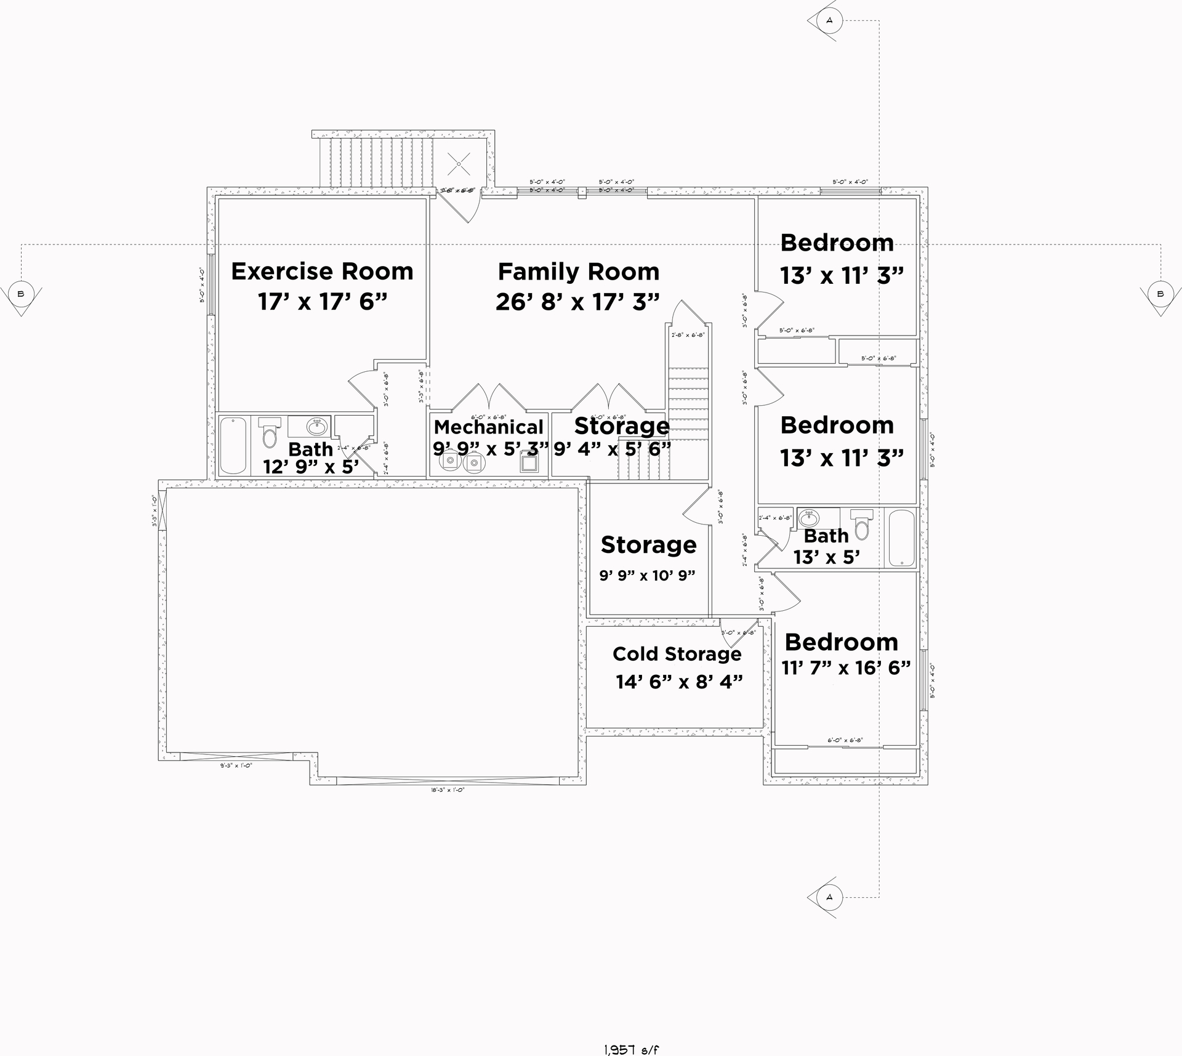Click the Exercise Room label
coord(322,272)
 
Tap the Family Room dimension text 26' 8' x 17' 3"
coord(577,302)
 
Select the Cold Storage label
coord(677,654)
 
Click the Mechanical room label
coord(488,427)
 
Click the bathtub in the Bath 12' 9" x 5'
coord(233,446)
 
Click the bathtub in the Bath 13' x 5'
coord(901,538)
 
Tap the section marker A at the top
coord(829,20)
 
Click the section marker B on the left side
coord(21,294)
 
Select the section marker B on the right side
coord(1160,294)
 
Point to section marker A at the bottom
coord(829,897)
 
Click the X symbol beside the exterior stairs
coord(458,163)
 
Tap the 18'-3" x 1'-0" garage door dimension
coord(447,789)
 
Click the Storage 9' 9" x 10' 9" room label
coord(648,545)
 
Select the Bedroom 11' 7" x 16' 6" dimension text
coord(846,667)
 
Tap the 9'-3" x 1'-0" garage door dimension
coord(236,765)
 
